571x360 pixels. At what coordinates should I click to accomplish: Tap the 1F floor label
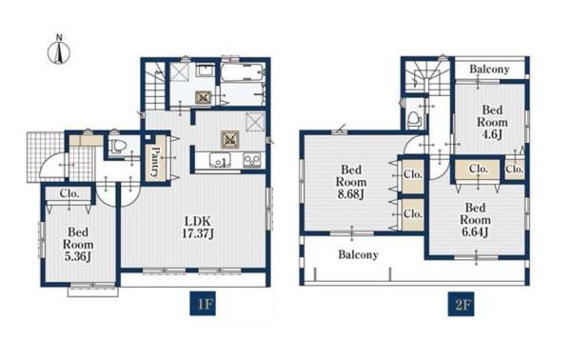(x=203, y=304)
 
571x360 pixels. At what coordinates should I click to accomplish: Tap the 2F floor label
(x=461, y=304)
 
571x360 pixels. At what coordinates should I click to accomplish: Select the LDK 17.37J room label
(x=198, y=228)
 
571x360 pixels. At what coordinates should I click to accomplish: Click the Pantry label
(x=155, y=162)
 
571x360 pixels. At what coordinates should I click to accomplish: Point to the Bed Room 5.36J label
(x=78, y=244)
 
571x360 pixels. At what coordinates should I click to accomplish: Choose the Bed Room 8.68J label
(x=351, y=182)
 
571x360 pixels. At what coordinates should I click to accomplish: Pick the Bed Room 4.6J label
(x=492, y=122)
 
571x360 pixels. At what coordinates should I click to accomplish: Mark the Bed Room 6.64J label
(x=475, y=220)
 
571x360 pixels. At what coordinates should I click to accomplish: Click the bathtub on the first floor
(x=242, y=73)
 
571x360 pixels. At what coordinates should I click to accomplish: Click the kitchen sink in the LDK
(x=219, y=160)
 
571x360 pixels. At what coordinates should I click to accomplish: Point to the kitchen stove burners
(x=252, y=160)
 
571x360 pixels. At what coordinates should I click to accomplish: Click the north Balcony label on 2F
(x=489, y=69)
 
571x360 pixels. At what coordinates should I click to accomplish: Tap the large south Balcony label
(x=358, y=254)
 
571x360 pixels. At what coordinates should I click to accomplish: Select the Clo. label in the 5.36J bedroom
(x=69, y=193)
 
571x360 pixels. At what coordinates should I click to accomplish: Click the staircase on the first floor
(x=155, y=86)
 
